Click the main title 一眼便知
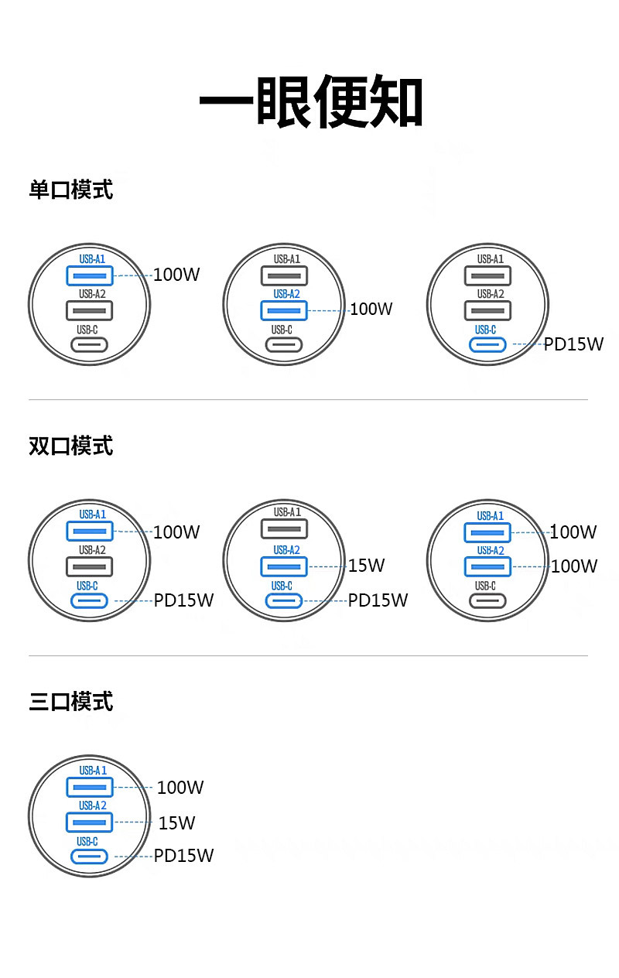tap(311, 101)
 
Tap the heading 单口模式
tap(71, 190)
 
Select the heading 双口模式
tap(71, 446)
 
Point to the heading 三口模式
tap(71, 702)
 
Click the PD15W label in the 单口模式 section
tap(573, 344)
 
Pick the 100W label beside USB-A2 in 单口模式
tap(371, 309)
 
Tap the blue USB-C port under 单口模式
tap(488, 345)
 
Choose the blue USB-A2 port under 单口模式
tap(284, 310)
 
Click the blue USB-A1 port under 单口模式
tap(90, 275)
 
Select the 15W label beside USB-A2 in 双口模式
tap(366, 566)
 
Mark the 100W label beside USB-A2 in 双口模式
tap(574, 566)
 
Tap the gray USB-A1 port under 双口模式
tap(284, 530)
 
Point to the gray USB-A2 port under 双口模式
tap(90, 566)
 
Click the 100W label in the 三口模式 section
tap(180, 788)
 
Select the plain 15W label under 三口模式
tap(177, 823)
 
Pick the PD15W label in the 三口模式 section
tap(183, 856)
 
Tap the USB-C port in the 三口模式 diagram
tap(90, 857)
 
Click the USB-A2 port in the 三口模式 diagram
tap(90, 822)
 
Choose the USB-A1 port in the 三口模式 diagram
tap(90, 788)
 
